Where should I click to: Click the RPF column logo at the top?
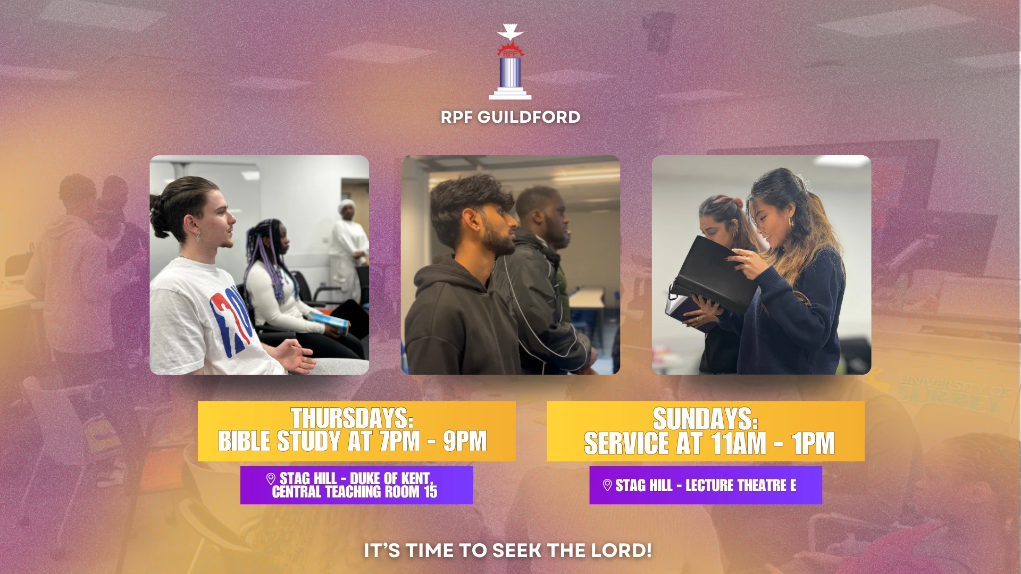coord(510,62)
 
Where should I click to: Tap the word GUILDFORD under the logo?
coord(529,117)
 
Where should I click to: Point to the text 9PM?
coord(465,441)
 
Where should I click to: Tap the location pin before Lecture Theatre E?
coord(607,485)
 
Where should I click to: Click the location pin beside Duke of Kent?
coord(271,479)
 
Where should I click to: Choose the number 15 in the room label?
coord(430,492)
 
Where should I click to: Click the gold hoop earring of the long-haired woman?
coord(792,222)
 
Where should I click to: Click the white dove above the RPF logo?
coord(510,32)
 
